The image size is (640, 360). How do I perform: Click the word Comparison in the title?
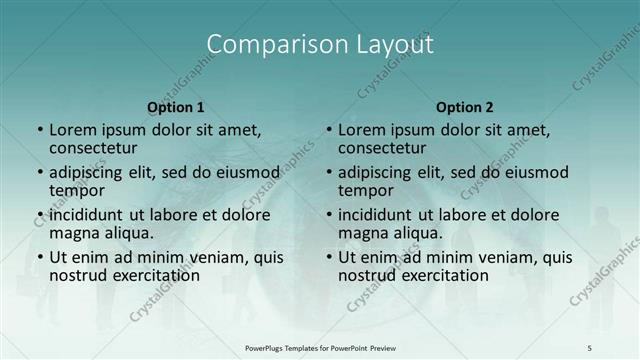(267, 45)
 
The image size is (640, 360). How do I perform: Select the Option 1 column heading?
(176, 107)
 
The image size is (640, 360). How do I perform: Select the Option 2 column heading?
(464, 107)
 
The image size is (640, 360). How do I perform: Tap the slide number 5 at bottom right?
(590, 347)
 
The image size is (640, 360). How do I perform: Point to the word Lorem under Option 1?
(73, 129)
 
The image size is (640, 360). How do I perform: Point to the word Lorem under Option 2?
(362, 129)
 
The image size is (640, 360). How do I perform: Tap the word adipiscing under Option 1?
(91, 172)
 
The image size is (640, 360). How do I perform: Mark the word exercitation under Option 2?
(435, 275)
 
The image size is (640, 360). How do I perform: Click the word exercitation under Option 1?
(146, 275)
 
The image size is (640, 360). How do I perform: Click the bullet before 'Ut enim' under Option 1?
(39, 257)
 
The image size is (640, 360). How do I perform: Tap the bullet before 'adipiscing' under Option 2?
(328, 172)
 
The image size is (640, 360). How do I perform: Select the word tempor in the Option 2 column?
(364, 190)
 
